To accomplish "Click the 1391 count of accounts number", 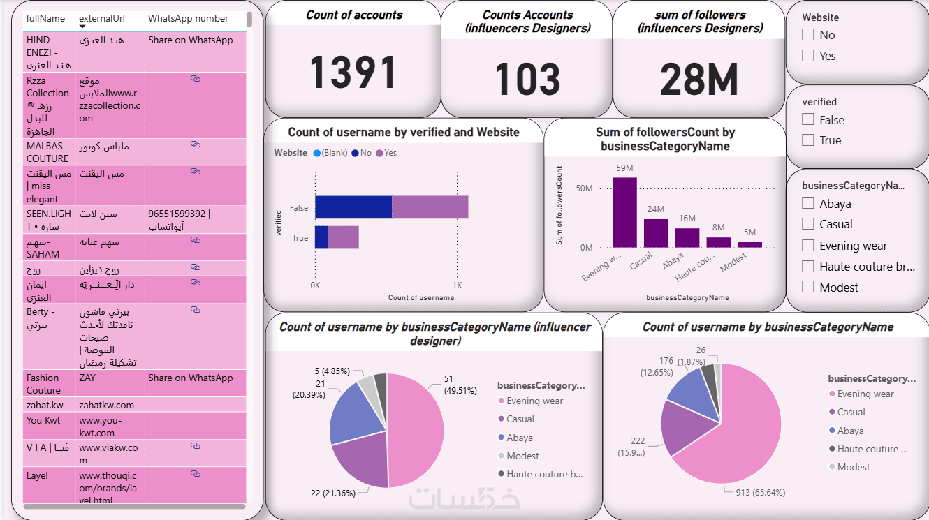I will coord(353,73).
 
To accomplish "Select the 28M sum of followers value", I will coord(698,80).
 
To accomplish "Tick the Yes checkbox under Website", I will coord(808,56).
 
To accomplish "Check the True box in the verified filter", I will coord(808,140).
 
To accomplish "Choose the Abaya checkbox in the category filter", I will coord(808,203).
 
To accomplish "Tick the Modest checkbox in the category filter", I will coord(808,287).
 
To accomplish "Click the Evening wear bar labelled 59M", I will coord(624,212).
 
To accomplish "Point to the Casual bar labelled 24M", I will coord(656,233).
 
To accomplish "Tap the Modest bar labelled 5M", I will coord(749,244).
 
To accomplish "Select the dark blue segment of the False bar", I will coord(353,207).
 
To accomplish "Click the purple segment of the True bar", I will coord(343,237).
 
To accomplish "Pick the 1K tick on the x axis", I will coord(457,285).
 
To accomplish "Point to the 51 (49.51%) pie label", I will coord(458,385).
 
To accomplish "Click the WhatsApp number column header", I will coord(188,19).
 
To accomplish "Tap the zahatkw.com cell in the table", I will coord(106,405).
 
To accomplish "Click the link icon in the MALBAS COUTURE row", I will coord(196,144).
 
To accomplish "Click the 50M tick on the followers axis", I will coord(584,188).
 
